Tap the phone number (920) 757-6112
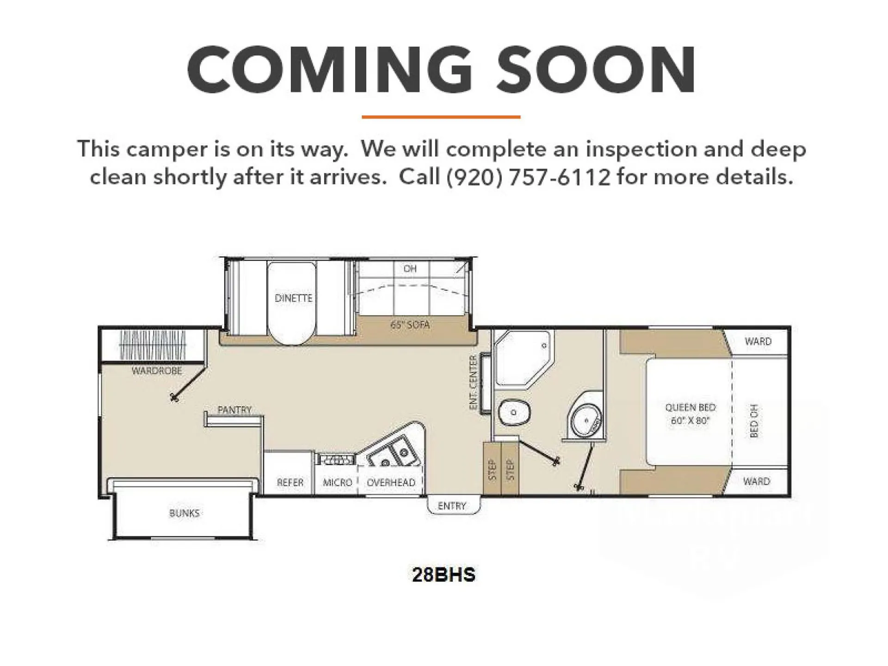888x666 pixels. tap(528, 177)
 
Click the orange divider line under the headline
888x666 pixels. tap(441, 117)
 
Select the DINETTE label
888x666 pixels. tap(294, 298)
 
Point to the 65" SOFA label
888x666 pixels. tap(410, 325)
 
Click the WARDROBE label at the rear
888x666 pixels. tap(157, 371)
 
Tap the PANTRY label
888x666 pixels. tap(234, 410)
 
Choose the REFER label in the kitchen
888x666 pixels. tap(290, 482)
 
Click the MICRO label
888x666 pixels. tap(338, 482)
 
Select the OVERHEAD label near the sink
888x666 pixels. tap(391, 482)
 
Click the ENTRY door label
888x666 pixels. tap(452, 506)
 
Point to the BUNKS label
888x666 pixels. tap(184, 513)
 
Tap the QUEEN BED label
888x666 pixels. tap(690, 407)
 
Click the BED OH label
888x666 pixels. tap(754, 421)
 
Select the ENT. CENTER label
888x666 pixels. tap(473, 382)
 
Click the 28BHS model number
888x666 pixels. tap(444, 575)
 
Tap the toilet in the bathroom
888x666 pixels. tap(514, 412)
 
